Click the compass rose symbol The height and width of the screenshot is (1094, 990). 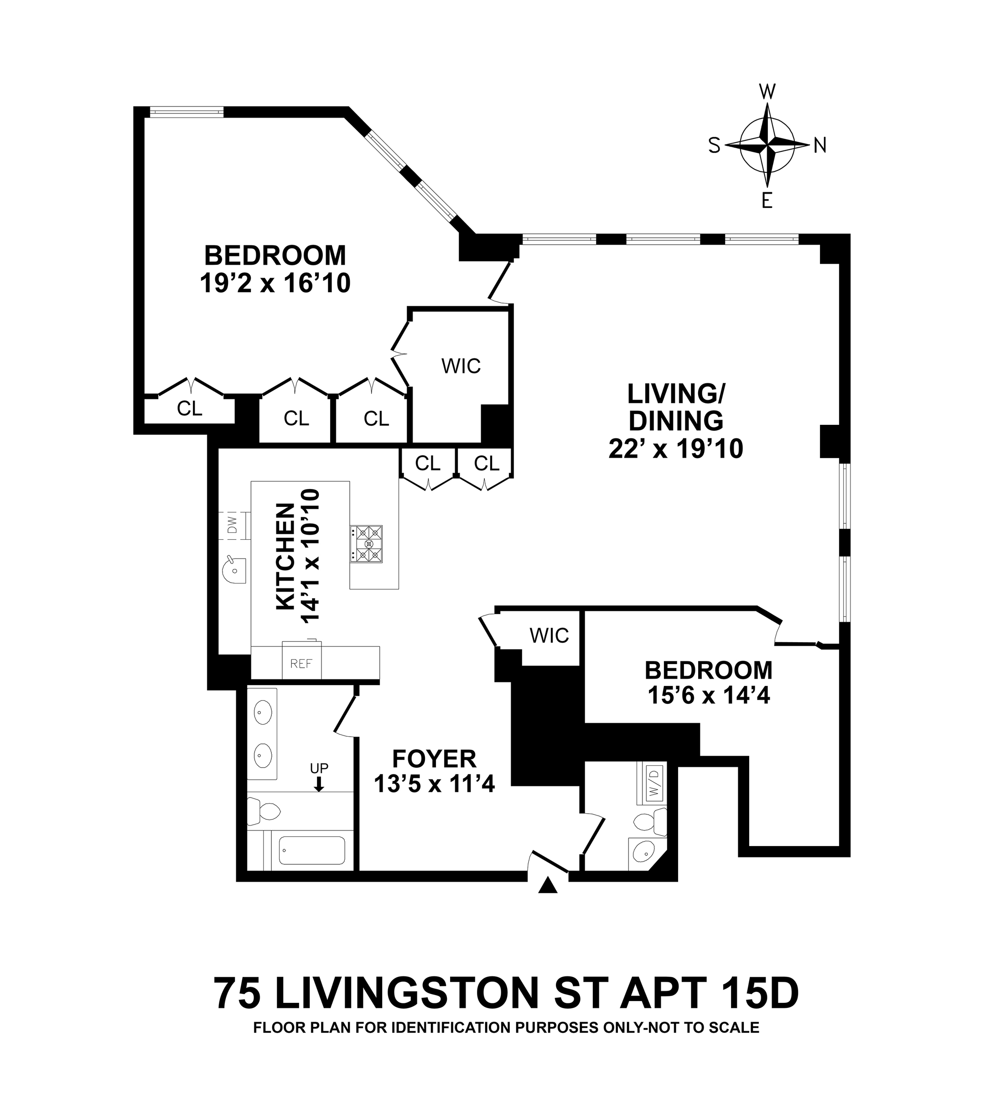[x=767, y=145]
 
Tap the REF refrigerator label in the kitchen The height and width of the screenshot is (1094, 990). [x=301, y=663]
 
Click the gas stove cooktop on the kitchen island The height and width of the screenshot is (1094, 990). [x=366, y=544]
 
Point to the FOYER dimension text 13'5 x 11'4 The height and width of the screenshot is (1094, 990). [x=434, y=784]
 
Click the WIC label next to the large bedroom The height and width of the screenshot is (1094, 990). [x=461, y=366]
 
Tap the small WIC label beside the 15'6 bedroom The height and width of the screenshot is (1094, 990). [x=549, y=635]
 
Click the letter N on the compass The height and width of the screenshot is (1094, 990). [x=819, y=145]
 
